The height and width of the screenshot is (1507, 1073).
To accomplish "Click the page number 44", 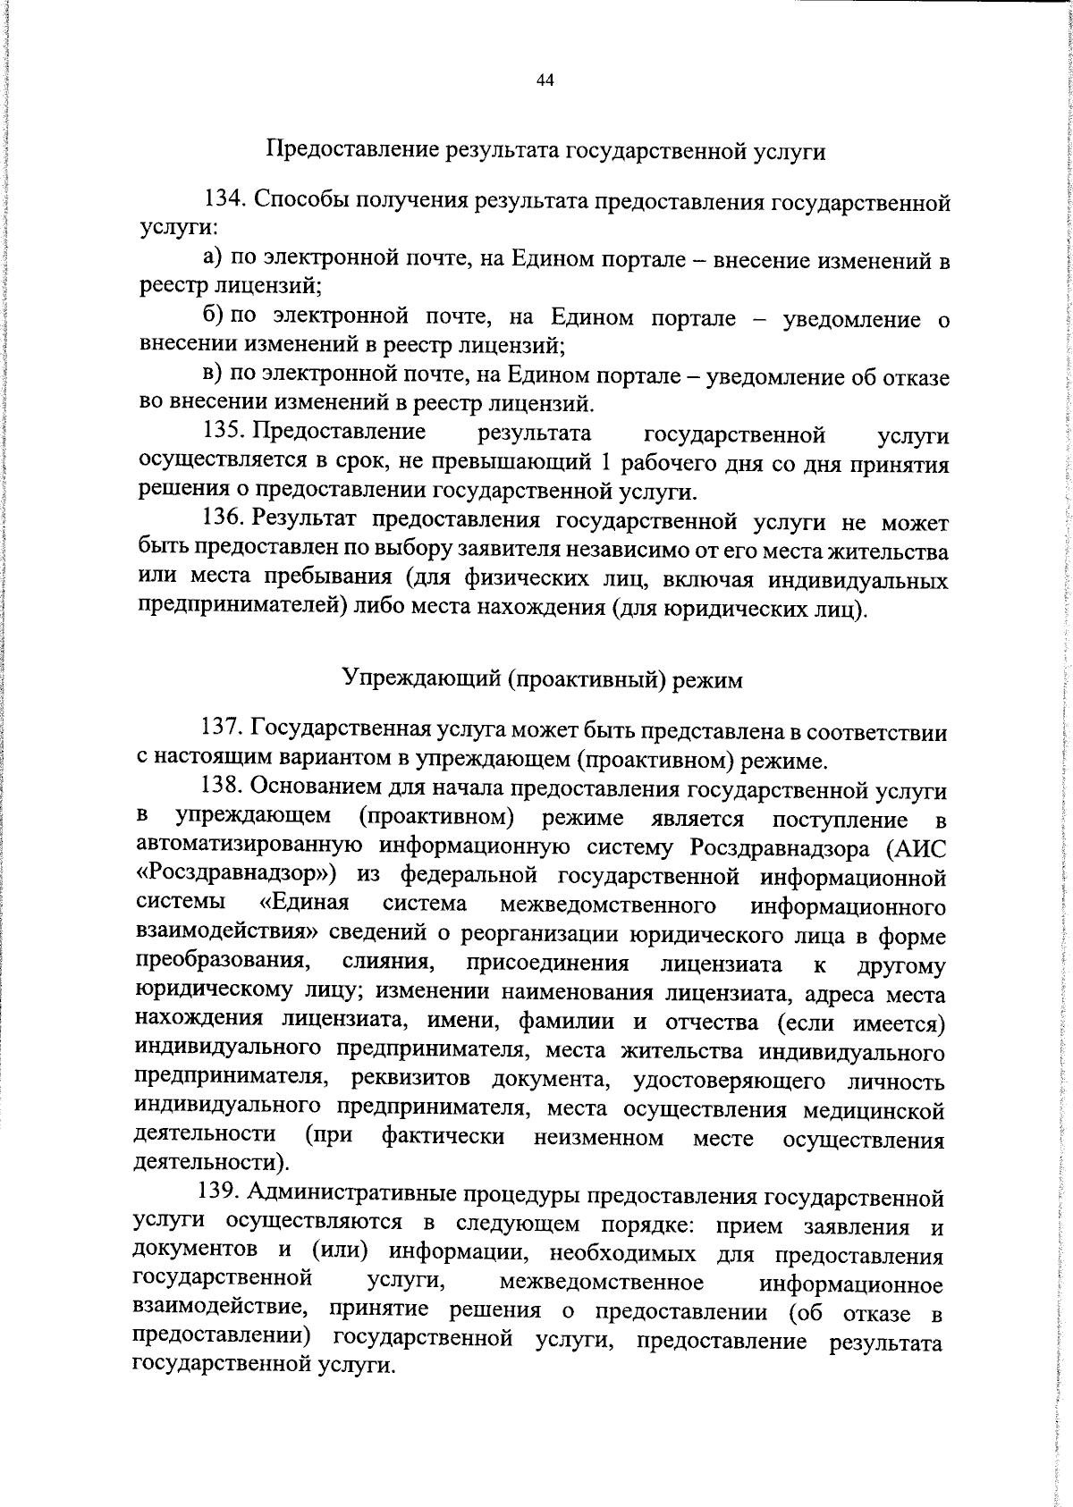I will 545,80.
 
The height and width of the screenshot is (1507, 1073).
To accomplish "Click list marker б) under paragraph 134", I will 214,316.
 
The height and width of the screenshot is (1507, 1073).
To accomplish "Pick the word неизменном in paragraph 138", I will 598,1138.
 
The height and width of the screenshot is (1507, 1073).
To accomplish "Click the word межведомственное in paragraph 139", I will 601,1284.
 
